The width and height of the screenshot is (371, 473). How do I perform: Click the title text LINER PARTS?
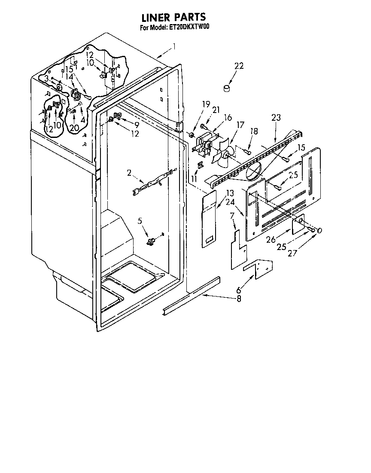[x=174, y=17]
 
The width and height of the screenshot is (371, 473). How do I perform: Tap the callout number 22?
[x=239, y=66]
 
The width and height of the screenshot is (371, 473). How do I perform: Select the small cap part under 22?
[x=226, y=89]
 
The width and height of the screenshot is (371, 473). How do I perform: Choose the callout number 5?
[x=140, y=221]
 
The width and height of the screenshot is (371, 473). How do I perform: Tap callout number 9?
[x=137, y=125]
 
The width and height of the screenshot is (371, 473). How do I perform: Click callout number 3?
[x=46, y=78]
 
